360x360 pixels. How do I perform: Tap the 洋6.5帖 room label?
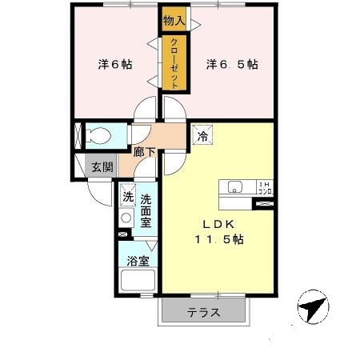(232, 63)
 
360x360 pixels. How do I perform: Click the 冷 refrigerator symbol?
(203, 135)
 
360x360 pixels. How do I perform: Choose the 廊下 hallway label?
(146, 150)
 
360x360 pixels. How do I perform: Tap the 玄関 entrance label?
(101, 168)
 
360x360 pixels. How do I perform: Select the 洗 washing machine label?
(128, 196)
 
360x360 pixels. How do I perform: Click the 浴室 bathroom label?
(138, 261)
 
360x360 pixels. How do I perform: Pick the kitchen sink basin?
(235, 188)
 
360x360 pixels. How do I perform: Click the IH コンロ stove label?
(263, 188)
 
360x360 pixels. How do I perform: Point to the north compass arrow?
(313, 307)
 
